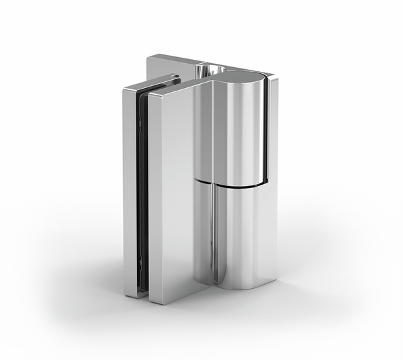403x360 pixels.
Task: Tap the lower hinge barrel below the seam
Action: [x=238, y=235]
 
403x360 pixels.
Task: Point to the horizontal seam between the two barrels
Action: [x=228, y=182]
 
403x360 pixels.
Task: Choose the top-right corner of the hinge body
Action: [x=275, y=77]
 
